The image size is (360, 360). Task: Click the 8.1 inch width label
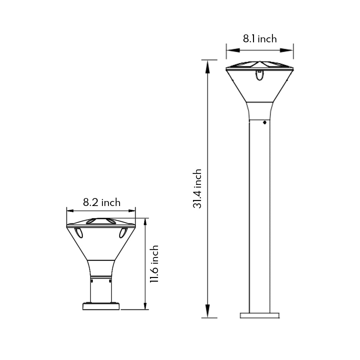[x=260, y=39]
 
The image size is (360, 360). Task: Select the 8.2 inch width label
[x=102, y=202]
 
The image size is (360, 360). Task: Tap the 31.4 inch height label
[x=198, y=189]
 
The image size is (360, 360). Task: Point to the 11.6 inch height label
[x=154, y=264]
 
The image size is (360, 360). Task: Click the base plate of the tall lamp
[x=260, y=315]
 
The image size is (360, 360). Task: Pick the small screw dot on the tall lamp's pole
[x=264, y=122]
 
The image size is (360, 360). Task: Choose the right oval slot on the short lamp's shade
[x=123, y=232]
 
